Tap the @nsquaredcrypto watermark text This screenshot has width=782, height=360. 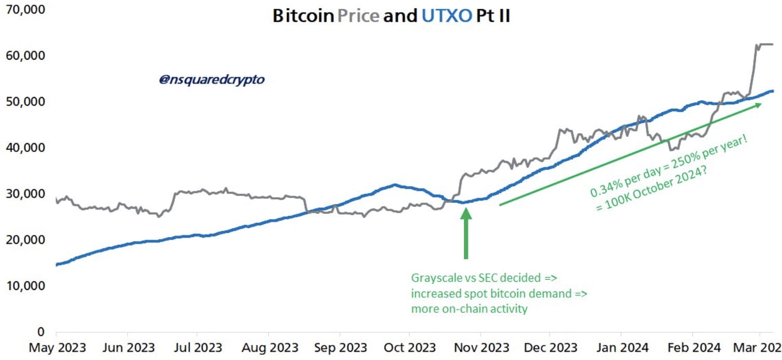[212, 80]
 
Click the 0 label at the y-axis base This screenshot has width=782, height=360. [40, 331]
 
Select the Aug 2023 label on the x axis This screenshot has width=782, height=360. [269, 347]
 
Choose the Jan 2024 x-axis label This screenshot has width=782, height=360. [620, 347]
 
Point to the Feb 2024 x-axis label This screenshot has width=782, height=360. [693, 347]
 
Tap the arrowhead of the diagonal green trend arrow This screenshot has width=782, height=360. [758, 105]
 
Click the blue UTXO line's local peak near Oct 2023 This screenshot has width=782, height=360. [395, 185]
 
